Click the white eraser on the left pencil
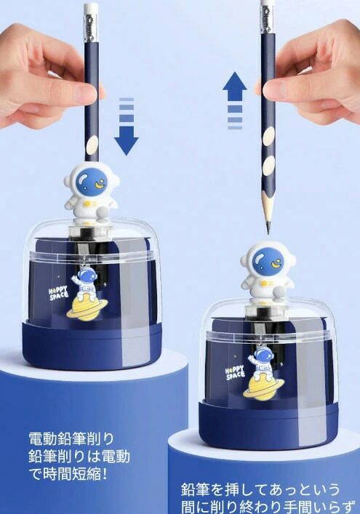click(91, 10)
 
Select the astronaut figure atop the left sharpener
click(91, 190)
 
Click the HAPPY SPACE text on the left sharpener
click(58, 293)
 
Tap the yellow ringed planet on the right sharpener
click(263, 386)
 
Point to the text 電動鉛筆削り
click(71, 439)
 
